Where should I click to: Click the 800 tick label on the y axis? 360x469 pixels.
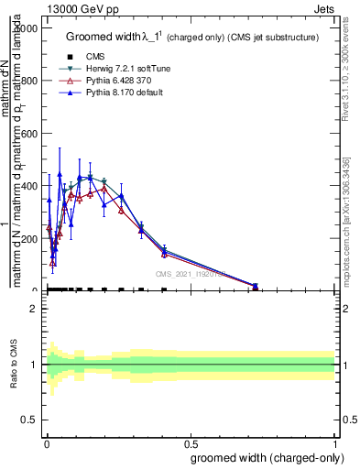coord(27,81)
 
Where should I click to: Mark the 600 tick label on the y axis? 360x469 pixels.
coord(27,134)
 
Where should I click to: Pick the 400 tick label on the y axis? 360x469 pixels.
coord(27,186)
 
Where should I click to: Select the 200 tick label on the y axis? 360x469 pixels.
coord(27,239)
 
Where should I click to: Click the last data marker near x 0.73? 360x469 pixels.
coord(255,287)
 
